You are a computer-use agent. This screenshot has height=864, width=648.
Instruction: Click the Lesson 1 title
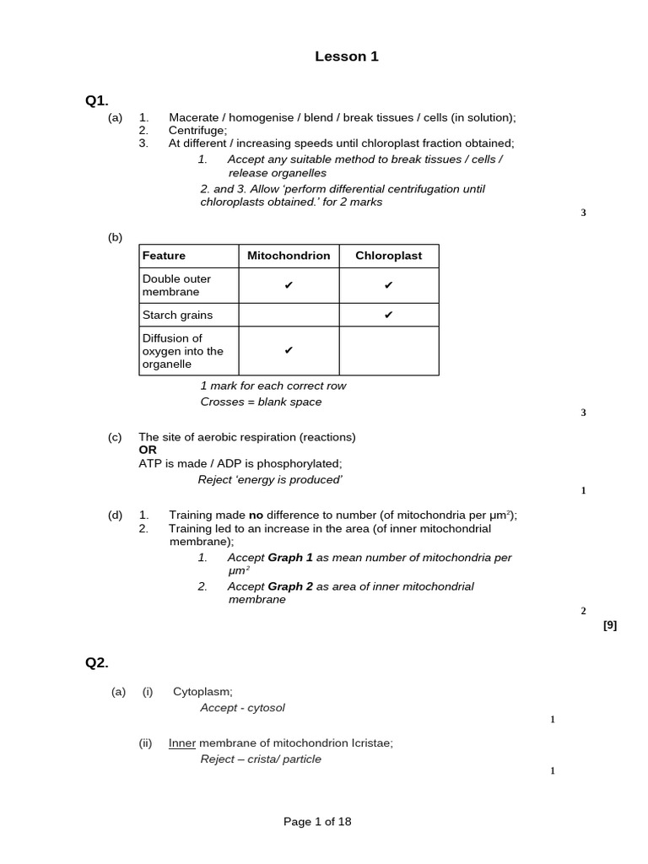[x=347, y=57]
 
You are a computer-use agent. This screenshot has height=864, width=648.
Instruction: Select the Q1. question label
[x=97, y=100]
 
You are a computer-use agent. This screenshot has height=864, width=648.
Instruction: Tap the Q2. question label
[x=97, y=662]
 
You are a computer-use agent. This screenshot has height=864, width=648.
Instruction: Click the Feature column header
[x=165, y=256]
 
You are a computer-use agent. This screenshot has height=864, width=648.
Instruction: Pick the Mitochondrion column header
[x=289, y=256]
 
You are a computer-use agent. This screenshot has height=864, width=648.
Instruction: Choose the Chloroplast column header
[x=389, y=256]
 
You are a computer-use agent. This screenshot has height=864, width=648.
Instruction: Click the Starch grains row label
[x=177, y=315]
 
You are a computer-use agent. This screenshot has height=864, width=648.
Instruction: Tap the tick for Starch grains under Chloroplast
[x=389, y=315]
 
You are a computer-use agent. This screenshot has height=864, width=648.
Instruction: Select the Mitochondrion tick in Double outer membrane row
[x=289, y=285]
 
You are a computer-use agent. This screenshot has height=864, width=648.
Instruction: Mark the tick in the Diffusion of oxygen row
[x=289, y=350]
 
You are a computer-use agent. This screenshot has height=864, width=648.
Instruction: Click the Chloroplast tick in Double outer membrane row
[x=389, y=285]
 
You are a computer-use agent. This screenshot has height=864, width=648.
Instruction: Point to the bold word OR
[x=148, y=450]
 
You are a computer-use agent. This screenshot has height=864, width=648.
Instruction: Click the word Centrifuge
[x=197, y=130]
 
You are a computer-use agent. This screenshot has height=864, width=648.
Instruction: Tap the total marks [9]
[x=610, y=625]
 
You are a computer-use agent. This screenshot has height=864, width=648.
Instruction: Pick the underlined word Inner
[x=182, y=743]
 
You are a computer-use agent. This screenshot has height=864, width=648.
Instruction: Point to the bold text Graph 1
[x=290, y=558]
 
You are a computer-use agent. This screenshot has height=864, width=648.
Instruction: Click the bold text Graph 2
[x=290, y=586]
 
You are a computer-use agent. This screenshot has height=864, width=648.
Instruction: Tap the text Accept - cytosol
[x=243, y=708]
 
